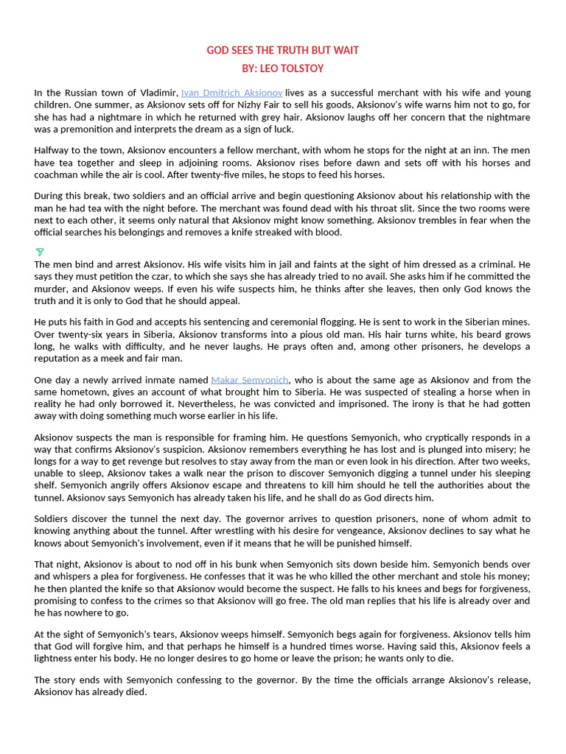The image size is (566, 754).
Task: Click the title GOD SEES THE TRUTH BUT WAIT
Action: point(282,50)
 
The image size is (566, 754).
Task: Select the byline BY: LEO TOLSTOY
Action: point(282,68)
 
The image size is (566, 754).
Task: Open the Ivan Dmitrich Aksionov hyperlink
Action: point(231,93)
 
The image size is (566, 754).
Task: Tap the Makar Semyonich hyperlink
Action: point(249,380)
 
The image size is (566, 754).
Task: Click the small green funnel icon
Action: point(40,253)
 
